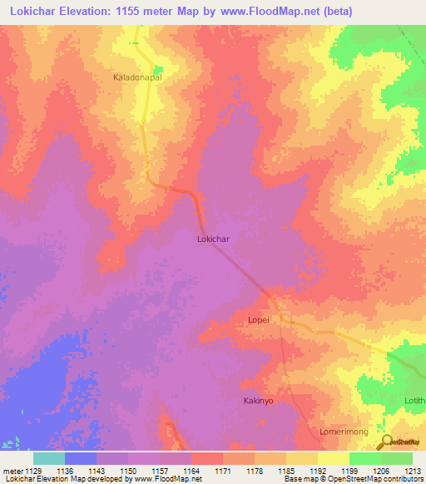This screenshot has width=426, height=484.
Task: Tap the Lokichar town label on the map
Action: (213, 239)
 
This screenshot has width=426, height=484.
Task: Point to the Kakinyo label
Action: (258, 401)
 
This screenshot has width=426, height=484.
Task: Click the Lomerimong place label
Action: (344, 432)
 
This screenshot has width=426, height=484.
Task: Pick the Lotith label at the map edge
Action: (415, 399)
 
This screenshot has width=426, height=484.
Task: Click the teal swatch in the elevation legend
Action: (48, 458)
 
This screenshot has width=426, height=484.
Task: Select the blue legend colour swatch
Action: (81, 458)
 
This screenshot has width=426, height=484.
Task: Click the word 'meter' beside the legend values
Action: (12, 472)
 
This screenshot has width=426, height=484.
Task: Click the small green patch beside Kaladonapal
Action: (157, 69)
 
